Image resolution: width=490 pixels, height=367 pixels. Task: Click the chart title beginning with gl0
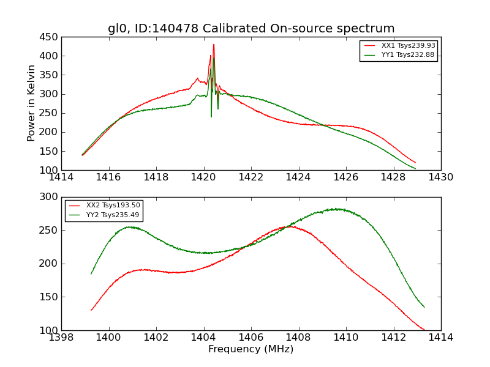(251, 29)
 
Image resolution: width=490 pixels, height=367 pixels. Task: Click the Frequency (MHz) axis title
(251, 349)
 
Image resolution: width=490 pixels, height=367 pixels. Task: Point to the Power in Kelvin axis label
(32, 103)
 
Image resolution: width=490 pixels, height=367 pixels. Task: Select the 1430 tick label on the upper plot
(440, 177)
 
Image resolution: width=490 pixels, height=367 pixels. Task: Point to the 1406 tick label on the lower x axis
(251, 337)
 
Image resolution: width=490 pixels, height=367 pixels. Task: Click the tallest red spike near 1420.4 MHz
(214, 45)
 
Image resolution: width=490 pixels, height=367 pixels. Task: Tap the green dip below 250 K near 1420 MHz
(211, 116)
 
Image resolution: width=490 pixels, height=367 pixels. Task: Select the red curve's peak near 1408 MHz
(290, 226)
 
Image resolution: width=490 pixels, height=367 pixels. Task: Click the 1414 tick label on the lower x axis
(440, 337)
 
